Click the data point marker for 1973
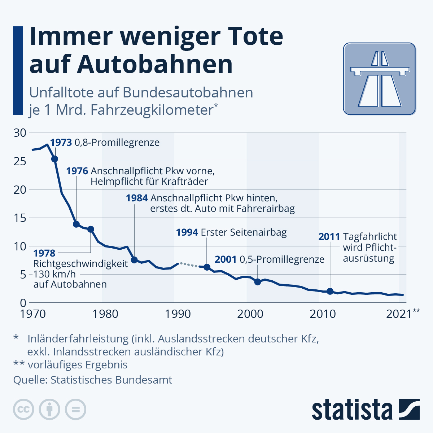(54, 159)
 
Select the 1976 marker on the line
(76, 224)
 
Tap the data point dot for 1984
(134, 260)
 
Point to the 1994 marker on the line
(207, 267)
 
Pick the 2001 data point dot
(258, 282)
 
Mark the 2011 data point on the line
(330, 291)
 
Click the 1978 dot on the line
(91, 229)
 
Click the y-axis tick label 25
(20, 161)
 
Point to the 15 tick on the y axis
(20, 218)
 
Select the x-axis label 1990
(178, 314)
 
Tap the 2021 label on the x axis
(399, 314)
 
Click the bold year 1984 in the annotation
(137, 198)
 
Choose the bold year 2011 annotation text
(329, 237)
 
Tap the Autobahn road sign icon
(379, 79)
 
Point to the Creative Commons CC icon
(23, 410)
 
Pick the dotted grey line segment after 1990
(188, 265)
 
